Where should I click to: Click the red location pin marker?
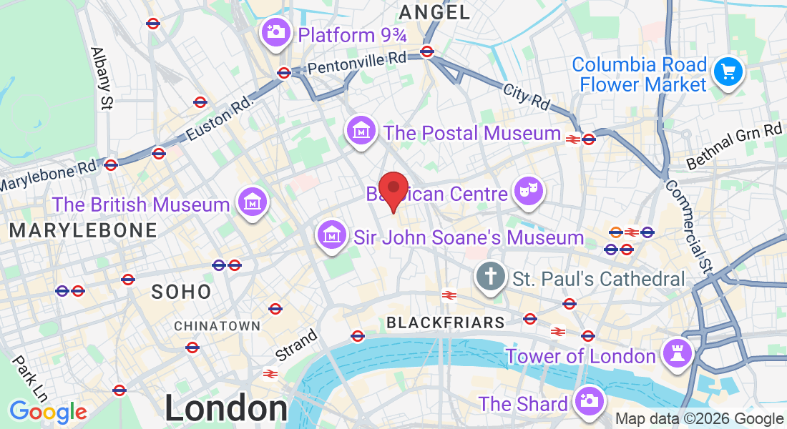(x=393, y=189)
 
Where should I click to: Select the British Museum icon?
(x=252, y=202)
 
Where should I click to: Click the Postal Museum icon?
(x=361, y=131)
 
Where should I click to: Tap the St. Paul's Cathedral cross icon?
(x=492, y=277)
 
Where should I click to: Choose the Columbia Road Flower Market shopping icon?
(x=728, y=72)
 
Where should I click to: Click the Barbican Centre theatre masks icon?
(x=529, y=191)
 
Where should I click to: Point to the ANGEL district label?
(x=435, y=12)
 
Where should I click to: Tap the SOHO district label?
(x=182, y=292)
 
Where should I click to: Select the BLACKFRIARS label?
(x=446, y=322)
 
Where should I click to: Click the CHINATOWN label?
(x=217, y=326)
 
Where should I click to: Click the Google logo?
(x=48, y=412)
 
